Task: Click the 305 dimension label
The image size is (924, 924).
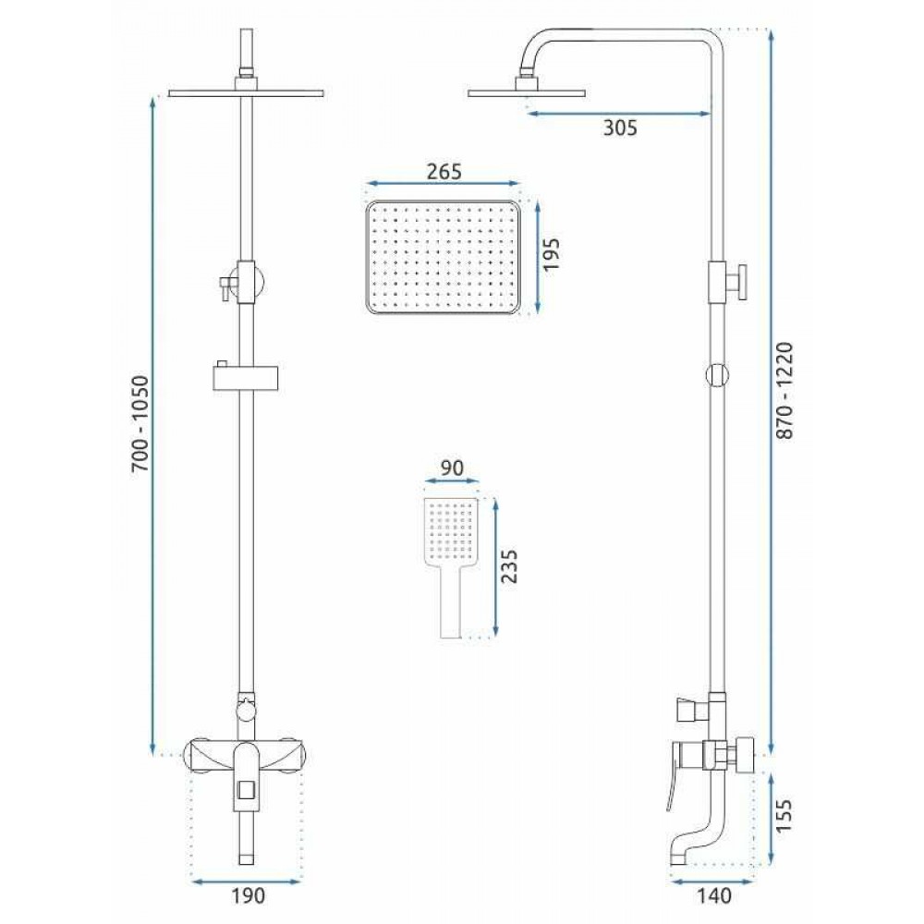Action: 620,128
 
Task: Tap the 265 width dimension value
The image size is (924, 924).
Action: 444,172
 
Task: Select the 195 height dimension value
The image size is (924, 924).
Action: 552,255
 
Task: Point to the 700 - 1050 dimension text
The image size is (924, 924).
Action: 141,424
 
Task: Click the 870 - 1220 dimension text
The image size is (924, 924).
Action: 784,391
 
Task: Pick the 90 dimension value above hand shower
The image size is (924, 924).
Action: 452,468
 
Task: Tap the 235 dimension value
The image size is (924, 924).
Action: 508,566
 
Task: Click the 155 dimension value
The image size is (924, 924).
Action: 784,816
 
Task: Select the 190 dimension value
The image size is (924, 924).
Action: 248,895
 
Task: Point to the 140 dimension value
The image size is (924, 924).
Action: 713,895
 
